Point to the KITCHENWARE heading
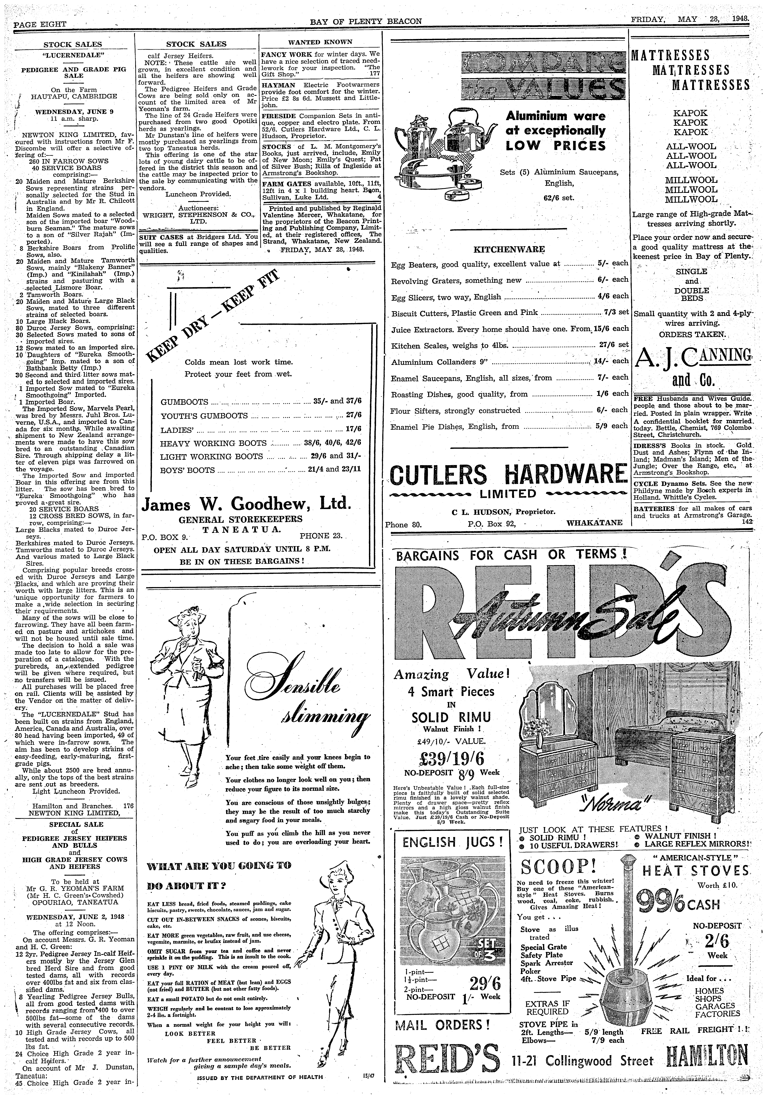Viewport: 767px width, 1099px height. (509, 249)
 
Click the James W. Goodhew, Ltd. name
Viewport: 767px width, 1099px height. (247, 504)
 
